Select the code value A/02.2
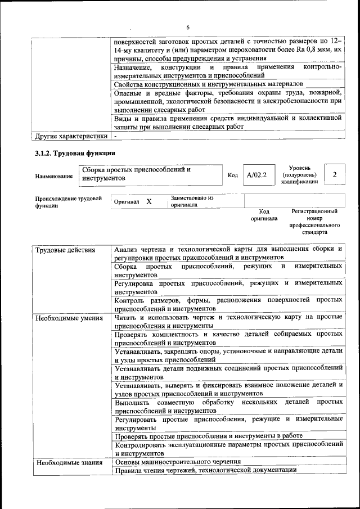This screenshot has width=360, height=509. pos(257,175)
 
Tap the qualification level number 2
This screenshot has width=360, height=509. pos(335,174)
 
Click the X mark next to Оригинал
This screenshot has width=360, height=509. pos(148,201)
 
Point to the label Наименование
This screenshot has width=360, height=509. pos(53,176)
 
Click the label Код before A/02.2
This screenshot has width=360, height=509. pos(232,175)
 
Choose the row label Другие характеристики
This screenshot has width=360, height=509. pos(70,136)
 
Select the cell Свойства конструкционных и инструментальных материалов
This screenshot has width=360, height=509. pos(208,84)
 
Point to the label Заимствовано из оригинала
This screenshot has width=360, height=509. pos(192,201)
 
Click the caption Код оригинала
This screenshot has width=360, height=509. pos(264,215)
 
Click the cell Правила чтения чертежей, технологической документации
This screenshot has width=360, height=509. pos(205,471)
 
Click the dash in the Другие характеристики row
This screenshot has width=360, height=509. pos(116,136)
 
